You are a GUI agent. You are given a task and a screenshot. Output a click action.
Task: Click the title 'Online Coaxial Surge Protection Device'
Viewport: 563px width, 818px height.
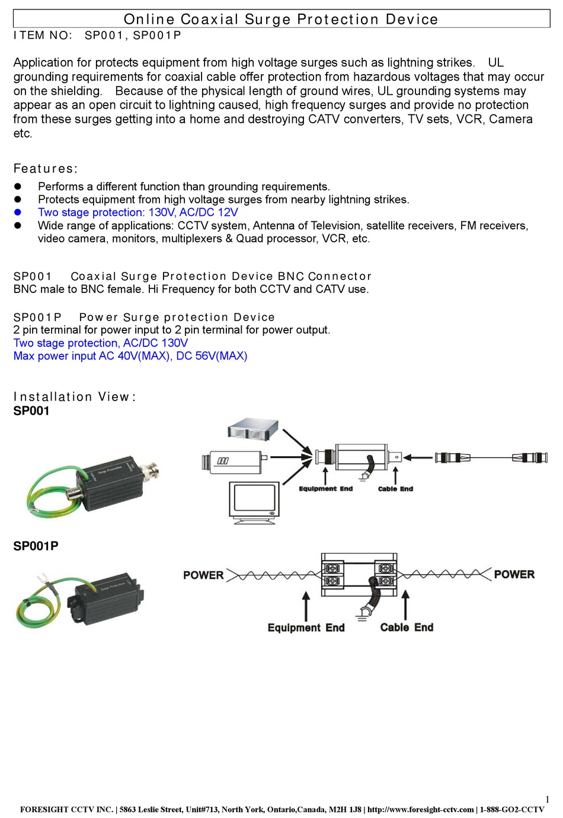pyautogui.click(x=281, y=19)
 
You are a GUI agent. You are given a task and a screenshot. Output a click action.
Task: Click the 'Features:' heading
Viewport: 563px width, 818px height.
pyautogui.click(x=46, y=168)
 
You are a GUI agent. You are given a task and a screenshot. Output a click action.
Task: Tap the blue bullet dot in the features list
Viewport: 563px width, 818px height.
pyautogui.click(x=18, y=212)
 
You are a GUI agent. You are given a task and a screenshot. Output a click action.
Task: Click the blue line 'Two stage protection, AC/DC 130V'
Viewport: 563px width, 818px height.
pyautogui.click(x=100, y=343)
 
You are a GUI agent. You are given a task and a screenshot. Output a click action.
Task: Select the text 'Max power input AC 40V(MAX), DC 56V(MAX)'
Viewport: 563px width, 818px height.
pyautogui.click(x=130, y=356)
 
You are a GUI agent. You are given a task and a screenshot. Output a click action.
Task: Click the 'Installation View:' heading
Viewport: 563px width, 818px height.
pyautogui.click(x=75, y=397)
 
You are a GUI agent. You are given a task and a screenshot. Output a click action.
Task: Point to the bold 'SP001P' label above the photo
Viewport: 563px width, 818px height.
pyautogui.click(x=36, y=546)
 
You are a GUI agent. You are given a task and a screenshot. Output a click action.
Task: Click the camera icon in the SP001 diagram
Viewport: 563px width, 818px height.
pyautogui.click(x=234, y=461)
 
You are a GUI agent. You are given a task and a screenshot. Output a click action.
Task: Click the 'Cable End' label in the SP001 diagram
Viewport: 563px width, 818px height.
pyautogui.click(x=395, y=489)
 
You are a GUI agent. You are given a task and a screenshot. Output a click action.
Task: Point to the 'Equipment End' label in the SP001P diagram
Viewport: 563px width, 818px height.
pyautogui.click(x=306, y=628)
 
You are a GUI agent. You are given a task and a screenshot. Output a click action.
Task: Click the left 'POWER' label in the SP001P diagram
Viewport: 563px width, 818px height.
pyautogui.click(x=203, y=575)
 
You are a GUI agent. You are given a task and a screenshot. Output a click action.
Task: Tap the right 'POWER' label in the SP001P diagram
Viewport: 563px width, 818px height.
pyautogui.click(x=514, y=574)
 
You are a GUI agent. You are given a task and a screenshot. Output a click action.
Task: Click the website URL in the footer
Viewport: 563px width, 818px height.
pyautogui.click(x=420, y=809)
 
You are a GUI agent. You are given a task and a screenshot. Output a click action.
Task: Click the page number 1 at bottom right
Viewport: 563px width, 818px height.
pyautogui.click(x=547, y=799)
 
